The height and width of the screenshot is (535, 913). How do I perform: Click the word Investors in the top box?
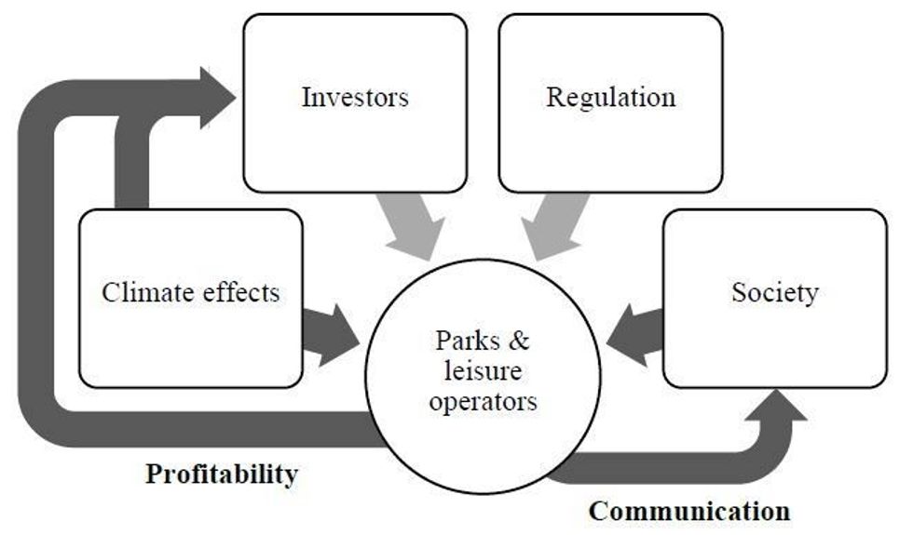[355, 97]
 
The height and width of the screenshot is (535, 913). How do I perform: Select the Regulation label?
[610, 97]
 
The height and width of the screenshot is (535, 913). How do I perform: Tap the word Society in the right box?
[774, 292]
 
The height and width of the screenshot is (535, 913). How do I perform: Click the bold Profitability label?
[222, 474]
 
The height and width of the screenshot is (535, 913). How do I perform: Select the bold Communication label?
[689, 510]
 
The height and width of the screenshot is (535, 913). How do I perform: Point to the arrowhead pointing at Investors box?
[216, 96]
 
